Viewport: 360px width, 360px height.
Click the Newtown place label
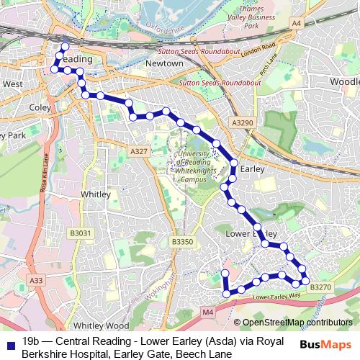tap(165, 63)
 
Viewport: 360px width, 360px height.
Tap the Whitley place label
tap(96, 194)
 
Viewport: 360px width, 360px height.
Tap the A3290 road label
tap(243, 124)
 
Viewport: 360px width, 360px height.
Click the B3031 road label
tap(81, 233)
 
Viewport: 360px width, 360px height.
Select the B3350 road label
tap(183, 243)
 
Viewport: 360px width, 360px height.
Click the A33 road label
tap(37, 279)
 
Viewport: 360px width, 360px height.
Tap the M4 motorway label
tap(208, 312)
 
